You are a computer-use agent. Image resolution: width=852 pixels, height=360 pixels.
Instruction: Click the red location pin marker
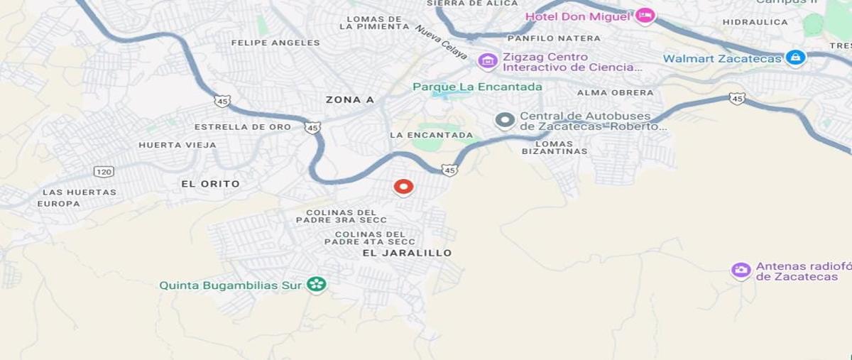403,187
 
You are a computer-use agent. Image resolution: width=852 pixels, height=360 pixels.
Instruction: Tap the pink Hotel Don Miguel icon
644,16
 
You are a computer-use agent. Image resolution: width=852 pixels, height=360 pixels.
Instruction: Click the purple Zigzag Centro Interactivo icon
487,61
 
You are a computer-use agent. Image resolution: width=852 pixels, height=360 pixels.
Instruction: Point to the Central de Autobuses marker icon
505,121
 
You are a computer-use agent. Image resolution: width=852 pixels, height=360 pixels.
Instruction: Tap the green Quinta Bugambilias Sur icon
316,285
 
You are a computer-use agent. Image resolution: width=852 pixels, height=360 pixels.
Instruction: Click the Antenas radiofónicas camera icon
741,271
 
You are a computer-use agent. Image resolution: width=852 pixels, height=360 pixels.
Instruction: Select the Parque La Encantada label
477,87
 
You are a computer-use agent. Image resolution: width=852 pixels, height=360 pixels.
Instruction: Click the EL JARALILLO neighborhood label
407,253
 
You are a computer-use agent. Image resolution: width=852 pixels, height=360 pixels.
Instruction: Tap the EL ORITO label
210,184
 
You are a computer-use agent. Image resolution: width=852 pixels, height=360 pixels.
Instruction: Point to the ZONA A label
349,100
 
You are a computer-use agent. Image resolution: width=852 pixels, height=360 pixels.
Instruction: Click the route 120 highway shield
104,172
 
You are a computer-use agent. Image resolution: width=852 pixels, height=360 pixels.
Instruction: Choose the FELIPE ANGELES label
275,43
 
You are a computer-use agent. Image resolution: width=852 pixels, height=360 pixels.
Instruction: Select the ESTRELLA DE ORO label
243,127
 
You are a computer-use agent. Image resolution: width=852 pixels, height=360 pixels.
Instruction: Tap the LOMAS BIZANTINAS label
555,147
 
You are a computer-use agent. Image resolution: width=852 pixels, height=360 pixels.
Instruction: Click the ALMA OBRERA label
615,92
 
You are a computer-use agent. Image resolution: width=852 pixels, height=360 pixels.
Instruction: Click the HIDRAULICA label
755,22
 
